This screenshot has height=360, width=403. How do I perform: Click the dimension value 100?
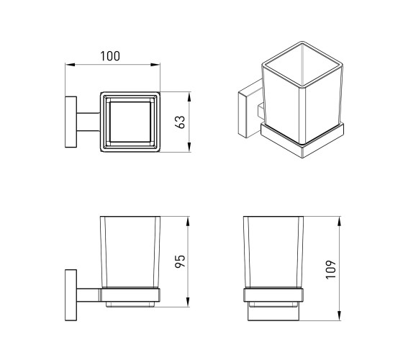click(x=109, y=56)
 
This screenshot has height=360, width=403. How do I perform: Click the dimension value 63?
click(x=180, y=122)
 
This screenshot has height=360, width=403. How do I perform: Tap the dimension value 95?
click(x=180, y=261)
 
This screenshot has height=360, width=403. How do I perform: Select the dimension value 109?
click(x=331, y=269)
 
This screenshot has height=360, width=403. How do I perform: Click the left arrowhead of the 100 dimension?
click(x=70, y=65)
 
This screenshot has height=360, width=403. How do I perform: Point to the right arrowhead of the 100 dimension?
click(x=155, y=65)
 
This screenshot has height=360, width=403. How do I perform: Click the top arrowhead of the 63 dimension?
click(x=189, y=96)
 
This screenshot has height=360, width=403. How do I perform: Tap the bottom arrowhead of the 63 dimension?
click(x=189, y=148)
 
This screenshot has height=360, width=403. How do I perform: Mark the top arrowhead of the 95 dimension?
click(x=188, y=221)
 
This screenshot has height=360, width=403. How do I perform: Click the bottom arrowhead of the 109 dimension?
click(x=340, y=316)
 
